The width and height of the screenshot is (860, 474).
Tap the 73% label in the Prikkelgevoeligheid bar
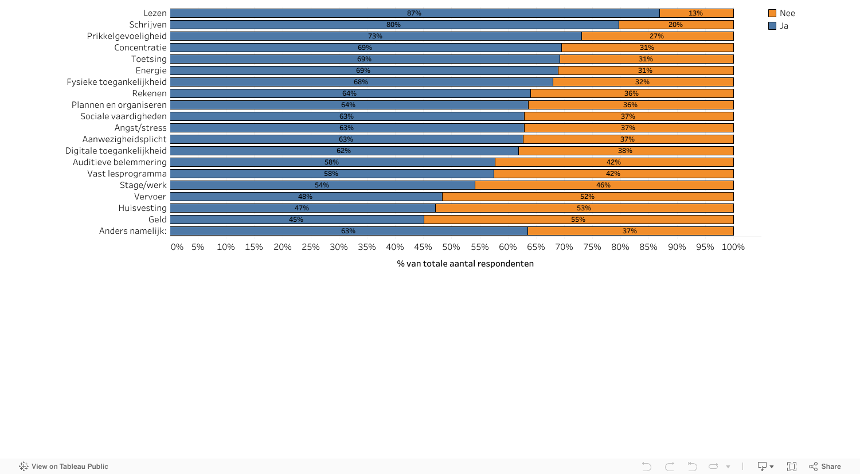tap(375, 36)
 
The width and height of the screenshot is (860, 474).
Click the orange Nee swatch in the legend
tap(772, 13)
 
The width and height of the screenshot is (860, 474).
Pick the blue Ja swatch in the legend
tap(772, 26)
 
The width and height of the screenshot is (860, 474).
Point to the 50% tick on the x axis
tap(451, 247)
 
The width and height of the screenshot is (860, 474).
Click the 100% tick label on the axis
tap(733, 247)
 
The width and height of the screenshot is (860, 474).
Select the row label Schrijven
tap(148, 25)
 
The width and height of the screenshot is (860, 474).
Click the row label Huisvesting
tap(142, 208)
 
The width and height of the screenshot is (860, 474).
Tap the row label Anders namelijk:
tap(132, 231)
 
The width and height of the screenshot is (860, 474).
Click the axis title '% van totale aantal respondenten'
tap(465, 264)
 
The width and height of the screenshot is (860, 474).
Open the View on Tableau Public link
tap(64, 467)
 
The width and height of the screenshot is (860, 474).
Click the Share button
tap(825, 467)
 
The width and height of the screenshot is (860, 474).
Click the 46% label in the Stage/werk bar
tap(603, 185)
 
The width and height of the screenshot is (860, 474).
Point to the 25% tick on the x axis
tap(311, 247)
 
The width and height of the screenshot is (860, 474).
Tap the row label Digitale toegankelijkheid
tap(116, 151)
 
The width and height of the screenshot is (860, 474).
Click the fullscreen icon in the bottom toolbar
tap(792, 467)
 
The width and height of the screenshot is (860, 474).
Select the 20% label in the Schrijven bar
tap(675, 25)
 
